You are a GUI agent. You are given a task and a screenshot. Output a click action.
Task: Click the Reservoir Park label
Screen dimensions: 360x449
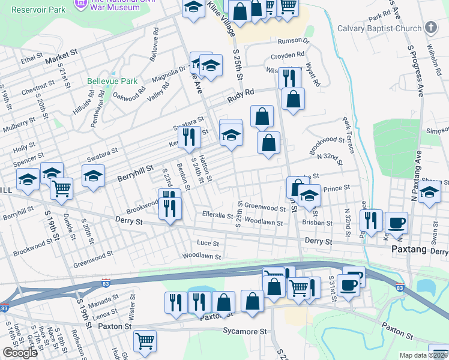[x=38, y=10]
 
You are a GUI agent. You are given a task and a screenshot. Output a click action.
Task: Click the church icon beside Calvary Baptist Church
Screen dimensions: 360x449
[x=431, y=28]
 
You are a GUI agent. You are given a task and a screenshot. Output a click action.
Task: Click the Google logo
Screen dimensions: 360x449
[x=20, y=353]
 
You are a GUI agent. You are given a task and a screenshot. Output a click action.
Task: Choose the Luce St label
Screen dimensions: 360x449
[x=208, y=243]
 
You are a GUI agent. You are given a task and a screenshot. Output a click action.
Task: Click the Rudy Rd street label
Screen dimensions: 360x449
[x=240, y=93]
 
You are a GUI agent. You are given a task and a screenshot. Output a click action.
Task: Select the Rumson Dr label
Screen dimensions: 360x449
[x=293, y=41]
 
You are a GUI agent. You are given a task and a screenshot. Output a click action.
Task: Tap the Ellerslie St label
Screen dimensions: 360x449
[x=217, y=214]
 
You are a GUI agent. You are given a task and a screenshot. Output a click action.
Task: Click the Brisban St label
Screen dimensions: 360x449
[x=318, y=223]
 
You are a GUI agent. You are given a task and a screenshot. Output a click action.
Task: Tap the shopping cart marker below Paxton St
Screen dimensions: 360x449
[x=145, y=340]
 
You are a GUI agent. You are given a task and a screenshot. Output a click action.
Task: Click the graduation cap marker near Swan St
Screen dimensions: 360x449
[x=430, y=192]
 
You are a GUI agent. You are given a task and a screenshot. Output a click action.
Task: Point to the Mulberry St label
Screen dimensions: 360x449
[x=18, y=124]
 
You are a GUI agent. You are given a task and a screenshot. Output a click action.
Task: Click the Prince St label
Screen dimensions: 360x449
[x=336, y=188]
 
